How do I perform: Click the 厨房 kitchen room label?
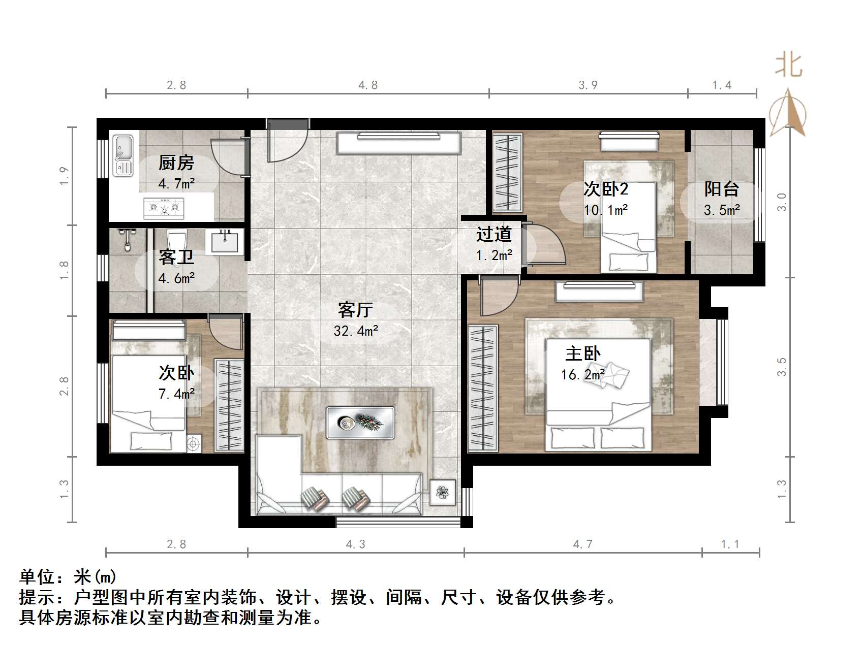(176, 163)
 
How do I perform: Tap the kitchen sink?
(122, 155)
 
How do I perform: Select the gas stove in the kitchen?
(164, 207)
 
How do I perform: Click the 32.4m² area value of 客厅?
(356, 331)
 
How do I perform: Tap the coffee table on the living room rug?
(360, 423)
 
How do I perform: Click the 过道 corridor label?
(494, 235)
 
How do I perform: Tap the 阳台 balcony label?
(721, 189)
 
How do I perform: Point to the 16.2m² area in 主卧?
(582, 375)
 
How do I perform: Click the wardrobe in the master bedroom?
(483, 388)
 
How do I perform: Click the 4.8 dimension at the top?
(368, 85)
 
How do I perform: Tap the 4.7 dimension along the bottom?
(583, 544)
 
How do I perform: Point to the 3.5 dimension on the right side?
(782, 367)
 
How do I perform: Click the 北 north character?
(788, 66)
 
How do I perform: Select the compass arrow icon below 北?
(788, 113)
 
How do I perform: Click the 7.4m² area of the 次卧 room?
(176, 394)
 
